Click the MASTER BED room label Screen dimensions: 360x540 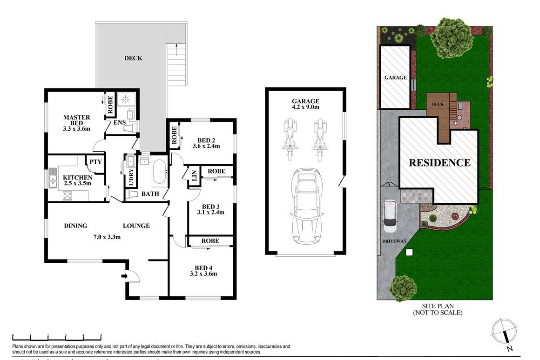[76, 118]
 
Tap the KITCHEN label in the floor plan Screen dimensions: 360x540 [77, 178]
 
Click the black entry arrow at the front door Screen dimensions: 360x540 [124, 276]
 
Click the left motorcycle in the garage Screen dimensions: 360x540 [289, 138]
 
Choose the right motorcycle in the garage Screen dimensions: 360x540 [319, 138]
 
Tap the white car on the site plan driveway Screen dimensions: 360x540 [389, 217]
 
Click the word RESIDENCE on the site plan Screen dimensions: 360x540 [439, 163]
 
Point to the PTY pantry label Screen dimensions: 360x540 [95, 162]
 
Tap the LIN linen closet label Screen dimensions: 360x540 [194, 177]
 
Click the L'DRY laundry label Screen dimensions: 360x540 [131, 176]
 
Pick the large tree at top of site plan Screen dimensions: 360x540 [450, 33]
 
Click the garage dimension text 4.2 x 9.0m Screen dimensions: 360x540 [305, 107]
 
